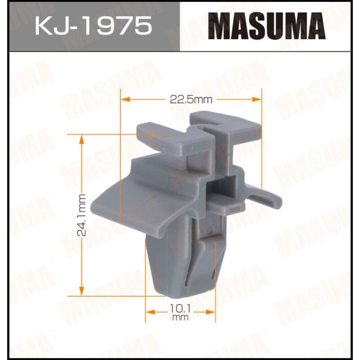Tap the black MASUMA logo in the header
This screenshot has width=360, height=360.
click(x=269, y=26)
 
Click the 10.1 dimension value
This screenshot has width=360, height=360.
click(x=180, y=310)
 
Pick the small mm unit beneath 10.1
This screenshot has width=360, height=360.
click(x=180, y=317)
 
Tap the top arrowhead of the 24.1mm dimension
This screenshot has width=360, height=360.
click(x=81, y=139)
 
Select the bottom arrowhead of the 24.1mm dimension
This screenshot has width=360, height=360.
click(x=81, y=291)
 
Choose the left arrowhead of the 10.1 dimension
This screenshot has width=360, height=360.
click(x=149, y=311)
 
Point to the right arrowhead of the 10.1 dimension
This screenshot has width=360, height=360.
click(x=211, y=311)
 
